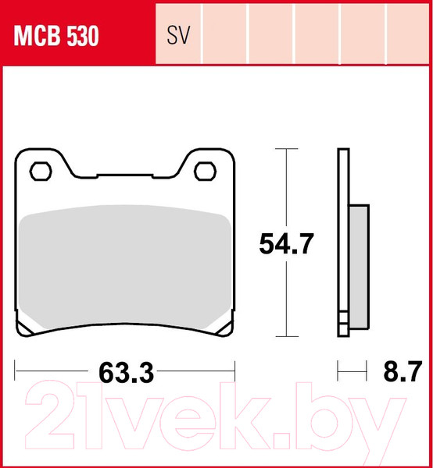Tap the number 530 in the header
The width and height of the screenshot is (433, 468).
click(81, 37)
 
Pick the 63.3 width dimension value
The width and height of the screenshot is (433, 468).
click(126, 374)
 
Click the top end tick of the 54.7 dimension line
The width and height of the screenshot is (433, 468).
click(287, 149)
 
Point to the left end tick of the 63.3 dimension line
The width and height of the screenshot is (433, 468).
click(16, 367)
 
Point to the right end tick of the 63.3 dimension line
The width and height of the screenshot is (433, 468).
click(234, 367)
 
